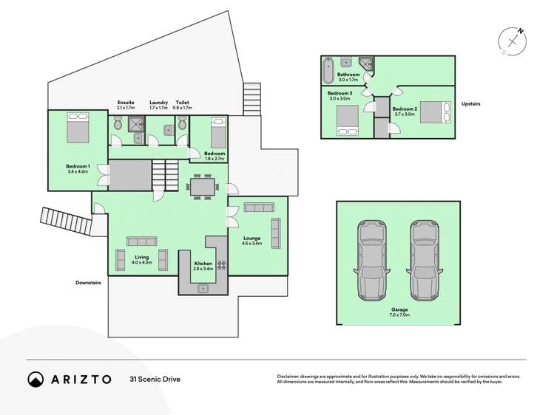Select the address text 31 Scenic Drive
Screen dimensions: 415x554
[155, 380]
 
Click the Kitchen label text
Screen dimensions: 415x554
[203, 264]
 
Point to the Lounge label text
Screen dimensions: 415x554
[251, 239]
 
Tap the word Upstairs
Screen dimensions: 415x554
[470, 104]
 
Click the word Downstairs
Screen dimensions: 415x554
[88, 282]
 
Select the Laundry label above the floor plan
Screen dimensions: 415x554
[158, 102]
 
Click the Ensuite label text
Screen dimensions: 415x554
[126, 102]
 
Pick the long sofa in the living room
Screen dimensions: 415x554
[141, 241]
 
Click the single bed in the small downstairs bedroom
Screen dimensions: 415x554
[217, 133]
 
